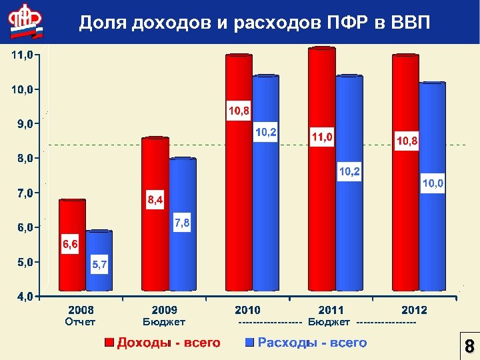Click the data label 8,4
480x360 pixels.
pyautogui.click(x=155, y=199)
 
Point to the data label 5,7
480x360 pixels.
pyautogui.click(x=99, y=265)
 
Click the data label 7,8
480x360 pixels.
pyautogui.click(x=182, y=223)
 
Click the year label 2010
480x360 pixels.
pyautogui.click(x=247, y=310)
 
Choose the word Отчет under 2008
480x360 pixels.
pyautogui.click(x=80, y=322)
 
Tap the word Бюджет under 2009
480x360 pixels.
pyautogui.click(x=164, y=322)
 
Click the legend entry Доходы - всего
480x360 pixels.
pyautogui.click(x=169, y=343)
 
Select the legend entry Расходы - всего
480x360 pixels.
pyautogui.click(x=312, y=343)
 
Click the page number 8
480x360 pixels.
pyautogui.click(x=469, y=347)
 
